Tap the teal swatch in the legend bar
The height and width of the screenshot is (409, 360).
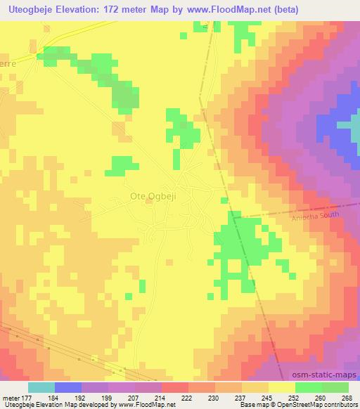41,387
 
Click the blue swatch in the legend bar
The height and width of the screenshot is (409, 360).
68,387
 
